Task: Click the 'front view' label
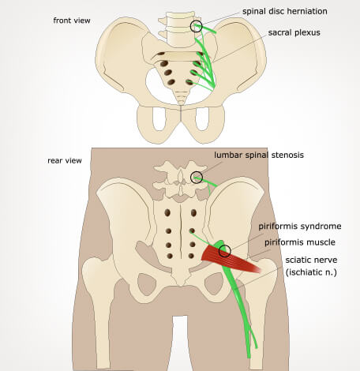point(72,21)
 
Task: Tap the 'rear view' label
point(65,160)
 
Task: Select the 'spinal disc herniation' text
point(285,12)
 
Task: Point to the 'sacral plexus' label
point(294,32)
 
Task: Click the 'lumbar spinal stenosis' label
point(259,155)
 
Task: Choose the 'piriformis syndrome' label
point(300,227)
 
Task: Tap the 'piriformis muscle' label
point(300,242)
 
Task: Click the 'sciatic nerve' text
point(311,260)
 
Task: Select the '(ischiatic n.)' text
point(311,272)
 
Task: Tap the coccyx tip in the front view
point(181,104)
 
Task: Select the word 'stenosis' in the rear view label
point(287,155)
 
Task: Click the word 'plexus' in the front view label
point(307,33)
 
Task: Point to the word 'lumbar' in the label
point(228,155)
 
